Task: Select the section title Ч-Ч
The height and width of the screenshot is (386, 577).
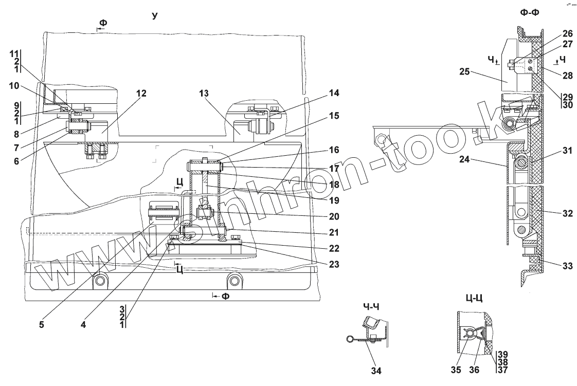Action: click(x=371, y=307)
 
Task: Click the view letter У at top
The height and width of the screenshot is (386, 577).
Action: click(x=154, y=16)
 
